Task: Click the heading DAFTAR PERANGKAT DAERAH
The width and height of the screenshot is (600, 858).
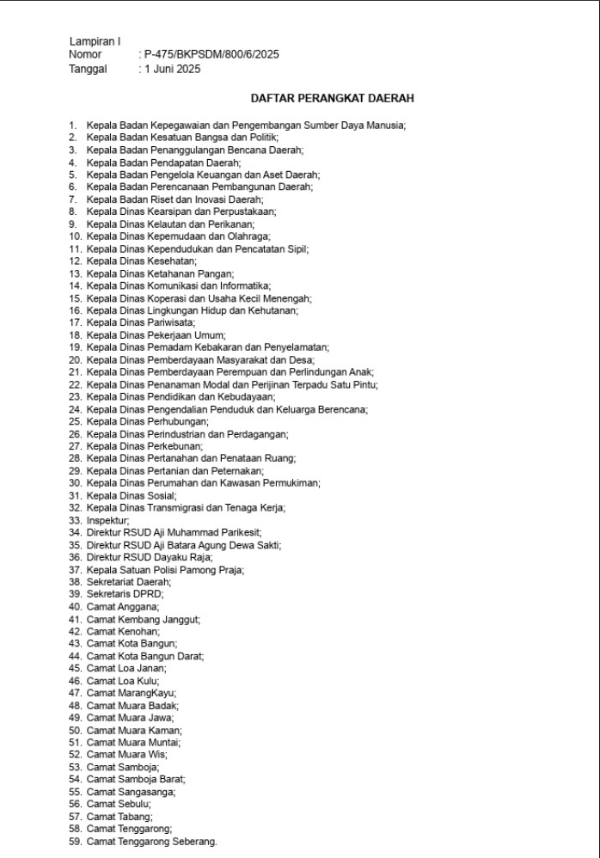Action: (332, 99)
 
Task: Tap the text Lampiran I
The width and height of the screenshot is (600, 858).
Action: (95, 41)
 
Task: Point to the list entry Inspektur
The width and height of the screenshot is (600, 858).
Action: (108, 520)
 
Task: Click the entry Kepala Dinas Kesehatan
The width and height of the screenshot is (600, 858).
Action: (142, 260)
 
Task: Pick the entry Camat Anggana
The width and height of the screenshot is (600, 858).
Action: (123, 607)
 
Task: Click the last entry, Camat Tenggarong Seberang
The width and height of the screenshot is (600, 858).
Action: (152, 842)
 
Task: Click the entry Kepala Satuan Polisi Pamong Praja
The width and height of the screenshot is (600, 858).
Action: (165, 569)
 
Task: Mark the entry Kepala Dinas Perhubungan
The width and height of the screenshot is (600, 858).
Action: (148, 421)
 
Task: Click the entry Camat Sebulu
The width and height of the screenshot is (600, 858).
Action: (119, 805)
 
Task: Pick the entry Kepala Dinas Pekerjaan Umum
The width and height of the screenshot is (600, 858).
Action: (154, 334)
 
